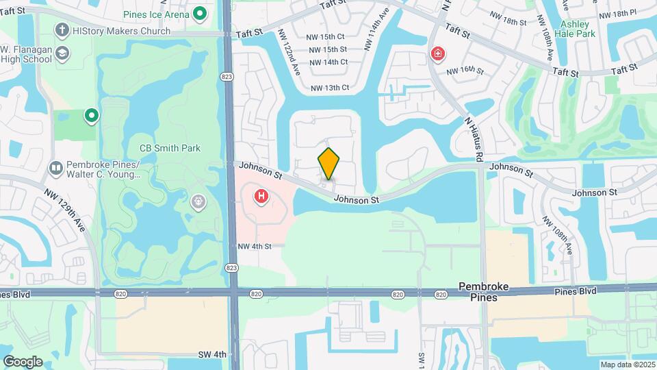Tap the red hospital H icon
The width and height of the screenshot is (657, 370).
[261, 197]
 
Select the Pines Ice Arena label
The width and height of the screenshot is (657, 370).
[157, 14]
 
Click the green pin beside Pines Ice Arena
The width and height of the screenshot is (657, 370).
[200, 13]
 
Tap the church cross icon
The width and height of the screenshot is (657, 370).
[63, 31]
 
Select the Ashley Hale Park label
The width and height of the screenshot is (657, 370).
[578, 28]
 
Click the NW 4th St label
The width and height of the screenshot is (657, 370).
[255, 246]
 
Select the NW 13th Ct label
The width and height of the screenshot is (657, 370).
[330, 88]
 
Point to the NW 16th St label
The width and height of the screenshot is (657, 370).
[465, 71]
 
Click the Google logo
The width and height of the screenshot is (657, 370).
[23, 361]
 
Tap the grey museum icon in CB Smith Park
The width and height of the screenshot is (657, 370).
[198, 201]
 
